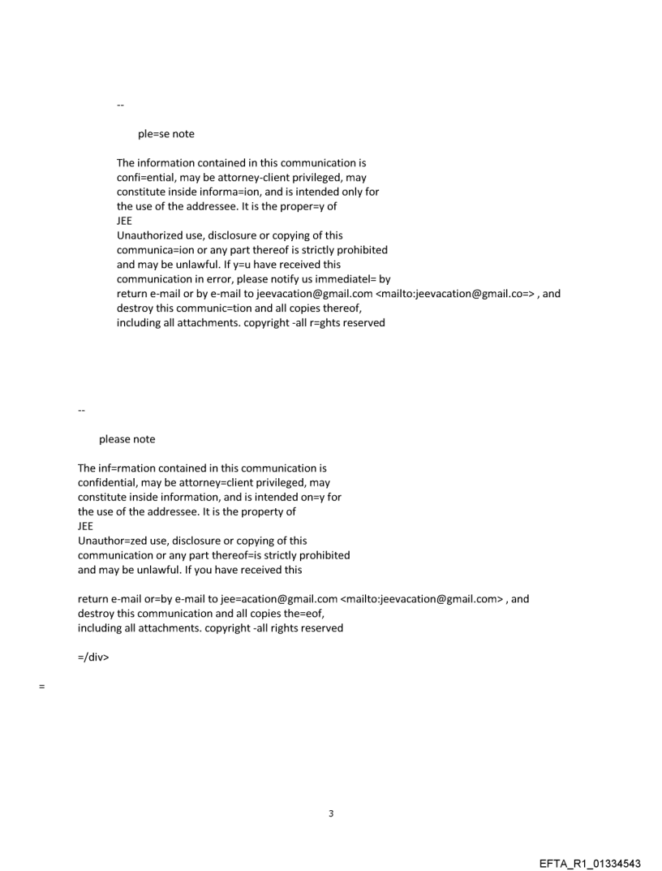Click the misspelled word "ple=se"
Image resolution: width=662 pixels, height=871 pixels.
[x=154, y=134]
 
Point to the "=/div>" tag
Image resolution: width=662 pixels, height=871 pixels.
[x=93, y=658]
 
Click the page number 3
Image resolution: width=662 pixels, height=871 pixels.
[x=331, y=814]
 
